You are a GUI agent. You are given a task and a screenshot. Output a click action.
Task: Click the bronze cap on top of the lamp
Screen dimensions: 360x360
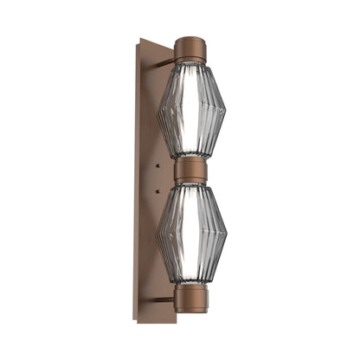(190, 49)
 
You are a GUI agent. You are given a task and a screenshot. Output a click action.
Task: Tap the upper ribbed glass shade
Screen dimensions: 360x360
(191, 110)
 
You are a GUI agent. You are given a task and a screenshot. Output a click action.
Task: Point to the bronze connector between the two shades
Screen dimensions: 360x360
(191, 170)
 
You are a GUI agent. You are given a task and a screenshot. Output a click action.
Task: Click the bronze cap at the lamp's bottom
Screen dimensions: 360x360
(190, 296)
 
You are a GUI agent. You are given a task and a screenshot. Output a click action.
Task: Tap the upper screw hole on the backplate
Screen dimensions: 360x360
(158, 162)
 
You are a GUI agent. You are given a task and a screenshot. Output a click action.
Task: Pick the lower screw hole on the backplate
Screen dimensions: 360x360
(158, 188)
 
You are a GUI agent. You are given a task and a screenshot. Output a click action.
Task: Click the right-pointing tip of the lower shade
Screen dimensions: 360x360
(226, 233)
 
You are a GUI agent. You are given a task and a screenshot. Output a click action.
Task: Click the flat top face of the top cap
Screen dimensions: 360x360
(190, 39)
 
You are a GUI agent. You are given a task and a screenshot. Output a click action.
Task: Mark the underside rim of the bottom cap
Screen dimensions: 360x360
(190, 310)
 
